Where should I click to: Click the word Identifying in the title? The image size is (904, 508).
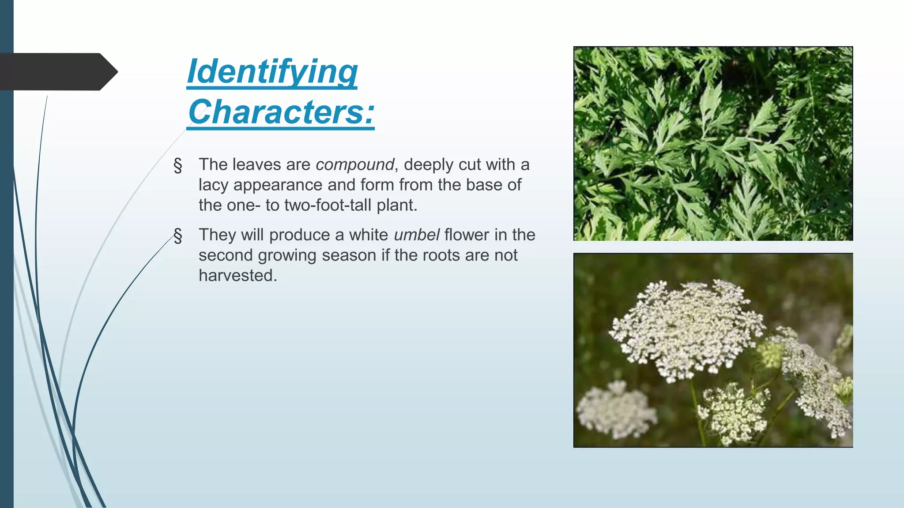pyautogui.click(x=272, y=72)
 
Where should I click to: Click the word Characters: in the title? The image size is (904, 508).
pyautogui.click(x=281, y=112)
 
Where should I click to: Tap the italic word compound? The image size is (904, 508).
pyautogui.click(x=354, y=164)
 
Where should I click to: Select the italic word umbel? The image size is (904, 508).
pyautogui.click(x=416, y=235)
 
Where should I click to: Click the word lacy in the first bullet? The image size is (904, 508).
pyautogui.click(x=214, y=185)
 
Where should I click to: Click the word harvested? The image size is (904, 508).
pyautogui.click(x=237, y=275)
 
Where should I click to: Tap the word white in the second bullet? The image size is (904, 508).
pyautogui.click(x=369, y=235)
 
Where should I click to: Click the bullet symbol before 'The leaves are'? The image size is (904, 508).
pyautogui.click(x=178, y=165)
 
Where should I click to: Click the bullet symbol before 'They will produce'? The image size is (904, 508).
pyautogui.click(x=178, y=235)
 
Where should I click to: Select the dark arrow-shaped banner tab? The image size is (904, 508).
pyautogui.click(x=57, y=71)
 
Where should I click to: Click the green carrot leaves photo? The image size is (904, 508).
pyautogui.click(x=713, y=143)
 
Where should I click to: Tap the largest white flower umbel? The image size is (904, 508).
pyautogui.click(x=686, y=329)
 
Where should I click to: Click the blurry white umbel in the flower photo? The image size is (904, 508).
pyautogui.click(x=616, y=410)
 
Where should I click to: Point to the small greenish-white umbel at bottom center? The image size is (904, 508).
pyautogui.click(x=733, y=412)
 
